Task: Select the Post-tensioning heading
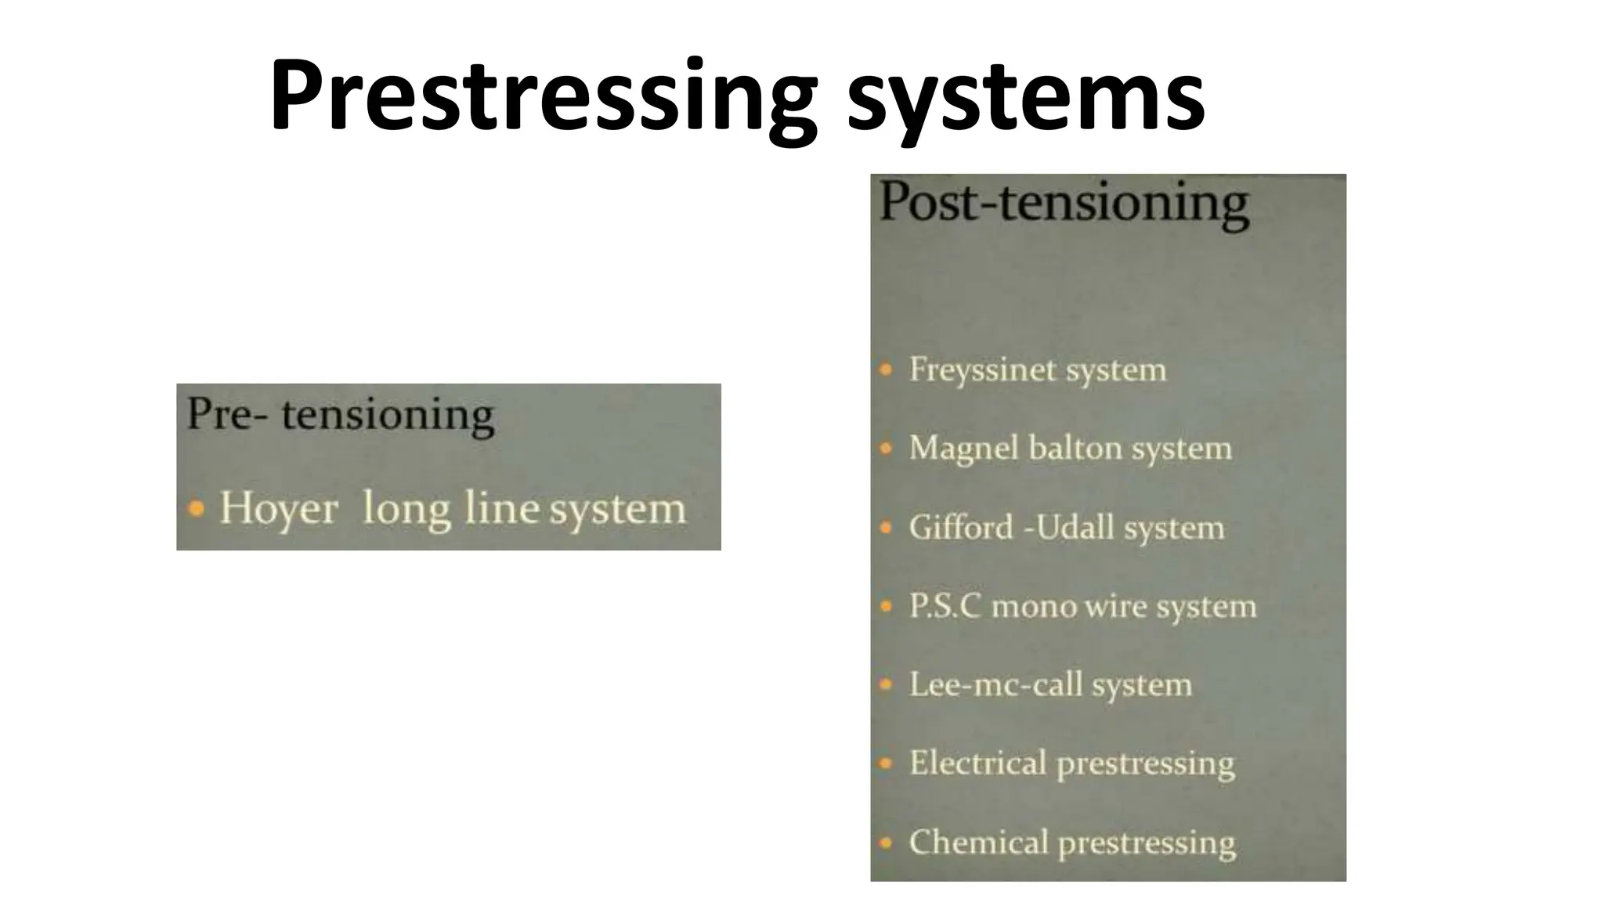pos(1064,202)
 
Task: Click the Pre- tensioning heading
pos(341,414)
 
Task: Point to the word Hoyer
pos(278,508)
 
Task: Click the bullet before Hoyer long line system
pos(197,510)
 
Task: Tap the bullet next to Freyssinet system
pos(886,369)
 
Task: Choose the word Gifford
pos(961,527)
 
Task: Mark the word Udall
pos(1076,527)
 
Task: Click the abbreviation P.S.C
pos(945,606)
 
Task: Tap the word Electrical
pos(977,763)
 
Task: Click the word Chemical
pos(978,842)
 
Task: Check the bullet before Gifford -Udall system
pos(886,528)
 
